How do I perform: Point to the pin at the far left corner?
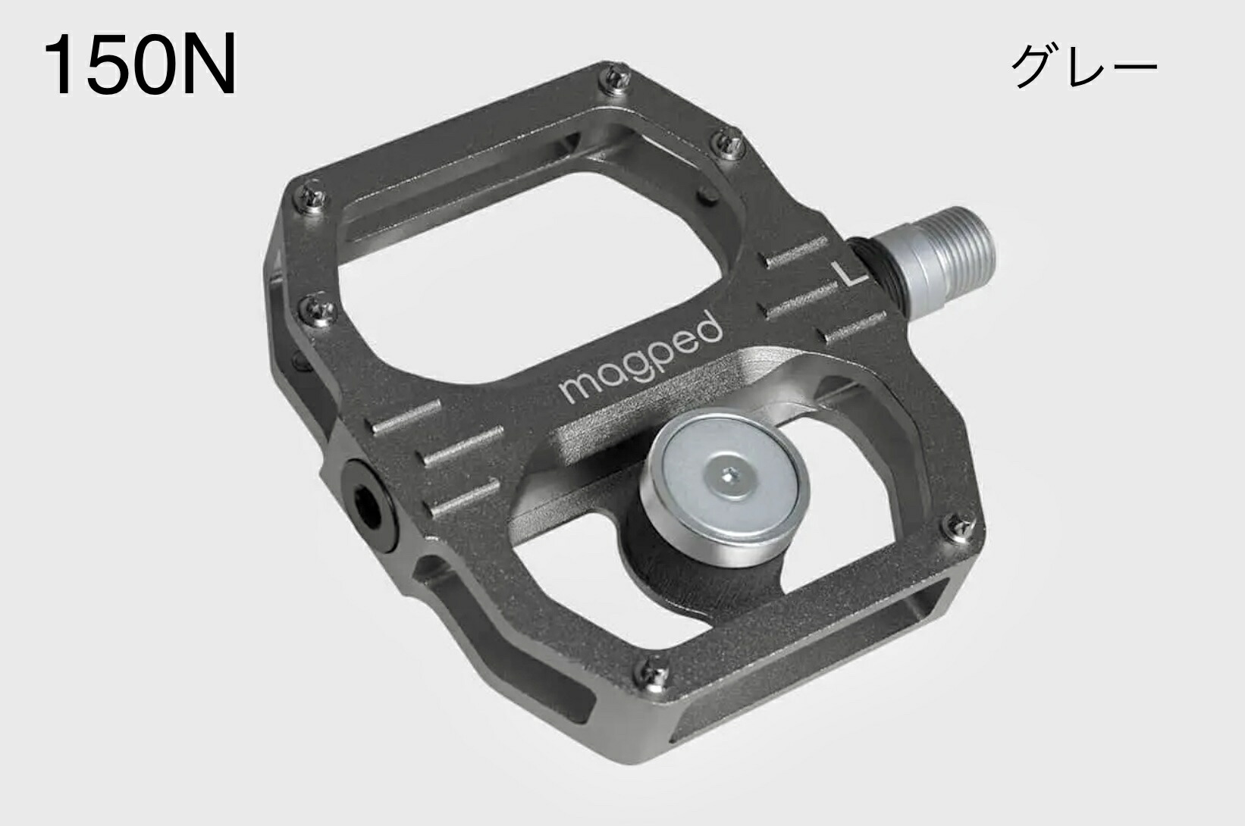[x=313, y=195]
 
